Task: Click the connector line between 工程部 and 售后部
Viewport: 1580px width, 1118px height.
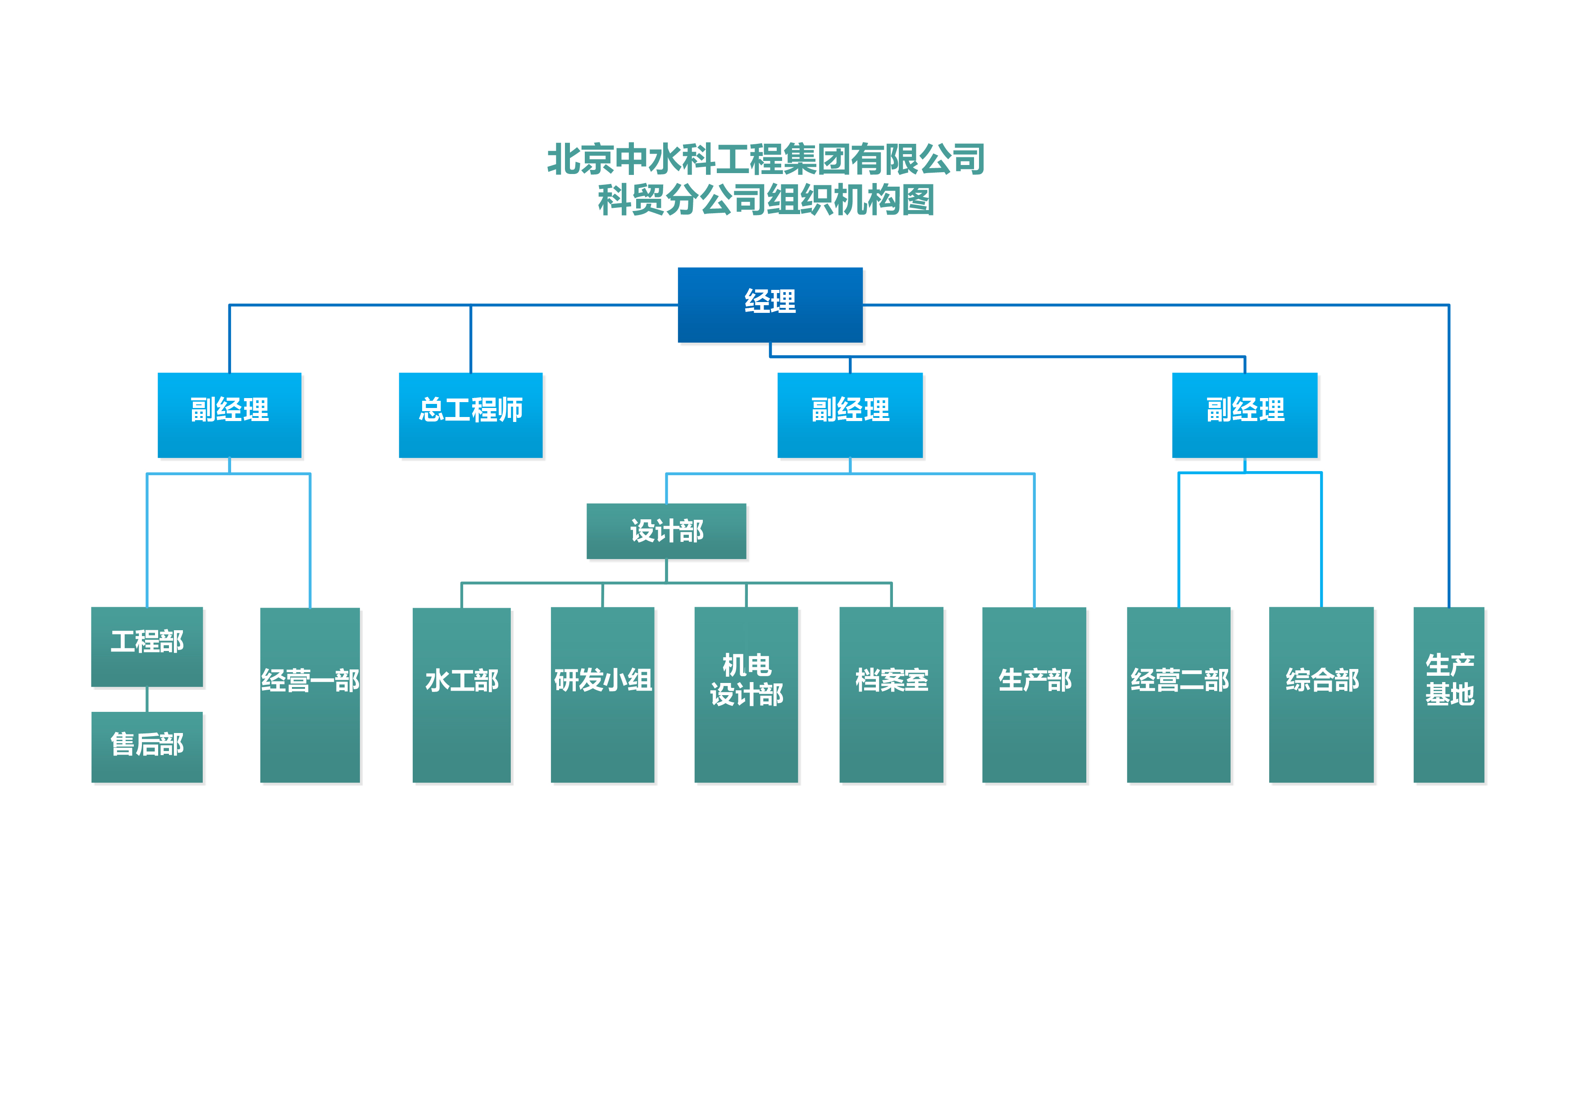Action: [147, 700]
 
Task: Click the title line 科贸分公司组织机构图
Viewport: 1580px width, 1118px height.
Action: [765, 200]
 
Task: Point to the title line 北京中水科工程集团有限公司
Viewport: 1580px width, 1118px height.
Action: [765, 160]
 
